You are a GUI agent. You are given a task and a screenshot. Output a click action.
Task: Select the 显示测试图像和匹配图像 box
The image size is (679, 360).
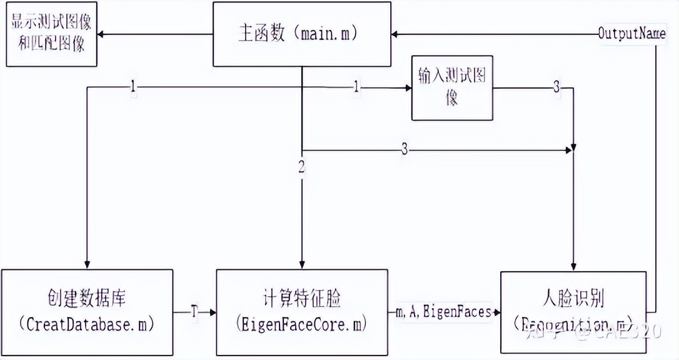pyautogui.click(x=51, y=34)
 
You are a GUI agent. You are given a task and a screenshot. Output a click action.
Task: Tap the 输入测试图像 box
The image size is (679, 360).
pyautogui.click(x=451, y=87)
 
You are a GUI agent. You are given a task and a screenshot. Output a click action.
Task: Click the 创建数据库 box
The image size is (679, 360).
pyautogui.click(x=86, y=312)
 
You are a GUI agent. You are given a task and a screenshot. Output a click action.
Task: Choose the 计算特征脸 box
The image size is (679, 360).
pyautogui.click(x=301, y=312)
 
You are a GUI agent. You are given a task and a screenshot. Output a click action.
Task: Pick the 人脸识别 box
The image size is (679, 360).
pyautogui.click(x=573, y=312)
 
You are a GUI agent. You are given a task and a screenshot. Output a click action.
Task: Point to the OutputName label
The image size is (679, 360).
pyautogui.click(x=631, y=33)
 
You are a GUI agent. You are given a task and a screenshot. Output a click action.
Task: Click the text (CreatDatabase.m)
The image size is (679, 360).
pyautogui.click(x=86, y=324)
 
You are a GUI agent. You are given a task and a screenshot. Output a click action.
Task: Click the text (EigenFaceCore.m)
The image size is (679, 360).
pyautogui.click(x=301, y=324)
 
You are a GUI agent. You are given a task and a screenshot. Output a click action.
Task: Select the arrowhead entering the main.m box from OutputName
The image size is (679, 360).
pyautogui.click(x=395, y=34)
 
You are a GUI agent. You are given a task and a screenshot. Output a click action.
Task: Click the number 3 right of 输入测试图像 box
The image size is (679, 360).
pyautogui.click(x=556, y=88)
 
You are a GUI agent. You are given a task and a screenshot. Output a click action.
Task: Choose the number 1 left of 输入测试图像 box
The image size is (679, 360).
pyautogui.click(x=356, y=88)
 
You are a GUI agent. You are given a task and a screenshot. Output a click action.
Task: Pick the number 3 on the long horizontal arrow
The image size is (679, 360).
pyautogui.click(x=405, y=150)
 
